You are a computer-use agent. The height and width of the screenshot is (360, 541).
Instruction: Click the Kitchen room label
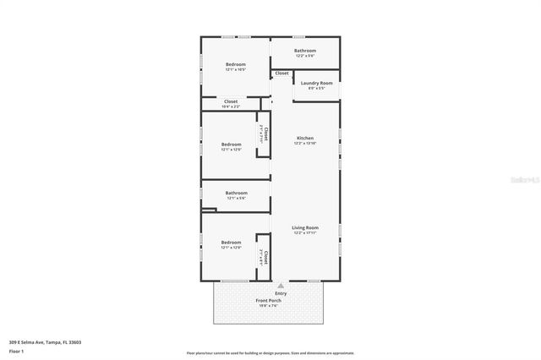304,138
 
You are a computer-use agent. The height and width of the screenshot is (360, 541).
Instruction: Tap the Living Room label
304,227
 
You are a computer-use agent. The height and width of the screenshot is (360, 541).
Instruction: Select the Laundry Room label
317,82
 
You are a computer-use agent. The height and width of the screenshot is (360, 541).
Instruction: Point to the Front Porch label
269,300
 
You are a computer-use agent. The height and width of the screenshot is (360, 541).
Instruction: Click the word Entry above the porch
269,293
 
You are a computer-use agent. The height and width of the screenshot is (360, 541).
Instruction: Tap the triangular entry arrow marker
270,286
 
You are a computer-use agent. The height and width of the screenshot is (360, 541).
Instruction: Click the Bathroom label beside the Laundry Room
304,50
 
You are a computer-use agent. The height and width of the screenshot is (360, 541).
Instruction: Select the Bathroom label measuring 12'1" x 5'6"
236,193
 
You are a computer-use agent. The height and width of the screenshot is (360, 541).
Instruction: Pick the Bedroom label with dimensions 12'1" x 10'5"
236,64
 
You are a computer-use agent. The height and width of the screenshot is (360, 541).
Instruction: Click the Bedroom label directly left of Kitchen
232,144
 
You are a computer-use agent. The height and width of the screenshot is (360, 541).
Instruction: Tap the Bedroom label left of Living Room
232,243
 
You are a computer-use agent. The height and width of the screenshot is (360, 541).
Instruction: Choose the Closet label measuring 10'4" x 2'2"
231,101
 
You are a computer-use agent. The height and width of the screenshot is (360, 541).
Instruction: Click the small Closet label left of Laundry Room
281,74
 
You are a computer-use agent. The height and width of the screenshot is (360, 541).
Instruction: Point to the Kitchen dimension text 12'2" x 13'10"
304,144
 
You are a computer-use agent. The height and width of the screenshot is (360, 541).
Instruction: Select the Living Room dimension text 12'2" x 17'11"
304,233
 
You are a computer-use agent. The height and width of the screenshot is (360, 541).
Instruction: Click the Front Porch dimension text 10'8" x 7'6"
269,306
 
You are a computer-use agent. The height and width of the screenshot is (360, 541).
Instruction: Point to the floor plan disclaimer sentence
270,352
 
